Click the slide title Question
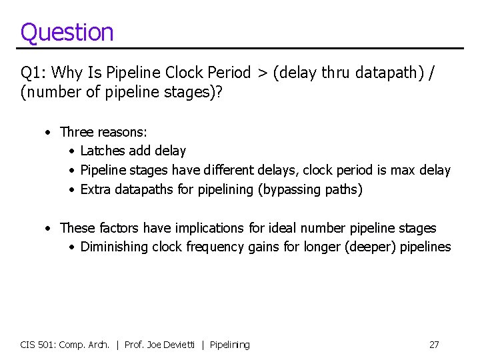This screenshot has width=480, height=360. click(67, 32)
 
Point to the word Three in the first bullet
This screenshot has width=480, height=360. click(77, 132)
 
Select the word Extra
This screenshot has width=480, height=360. click(95, 190)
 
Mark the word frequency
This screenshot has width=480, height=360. click(213, 247)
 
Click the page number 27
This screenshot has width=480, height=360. click(434, 345)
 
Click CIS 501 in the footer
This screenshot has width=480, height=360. click(37, 345)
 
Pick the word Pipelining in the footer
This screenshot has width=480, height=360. click(229, 345)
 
